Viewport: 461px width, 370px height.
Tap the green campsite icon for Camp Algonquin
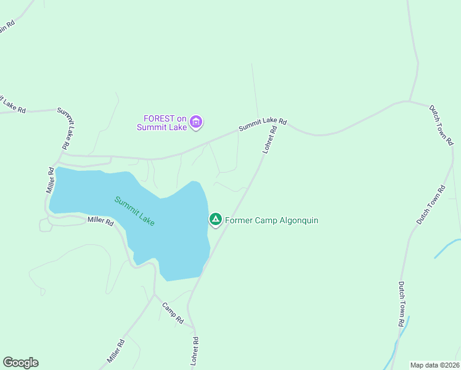click(216, 220)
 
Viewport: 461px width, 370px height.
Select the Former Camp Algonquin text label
click(271, 220)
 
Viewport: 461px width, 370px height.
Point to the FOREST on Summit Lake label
click(165, 123)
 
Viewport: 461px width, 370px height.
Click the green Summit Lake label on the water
click(134, 211)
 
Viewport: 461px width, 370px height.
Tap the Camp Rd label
click(173, 313)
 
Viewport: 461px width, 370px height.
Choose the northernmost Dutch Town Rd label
click(441, 125)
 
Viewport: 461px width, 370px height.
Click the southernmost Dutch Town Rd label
click(401, 304)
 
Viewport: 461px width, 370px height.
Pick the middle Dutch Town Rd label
click(430, 205)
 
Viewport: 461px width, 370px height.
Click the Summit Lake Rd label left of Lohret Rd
click(263, 123)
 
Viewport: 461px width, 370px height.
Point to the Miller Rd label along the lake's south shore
click(100, 220)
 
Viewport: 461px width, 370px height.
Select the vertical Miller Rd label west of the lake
click(51, 179)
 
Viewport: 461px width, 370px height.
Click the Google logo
click(20, 363)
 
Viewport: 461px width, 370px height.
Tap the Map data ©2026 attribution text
click(434, 364)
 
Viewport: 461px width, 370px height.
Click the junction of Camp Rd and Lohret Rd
click(193, 326)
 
